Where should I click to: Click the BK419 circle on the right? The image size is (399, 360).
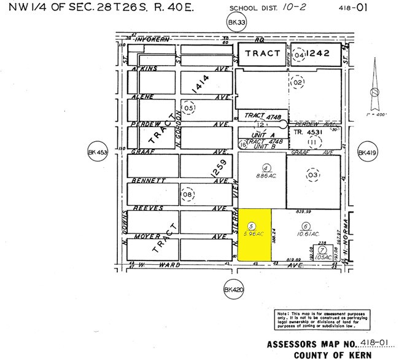(366, 152)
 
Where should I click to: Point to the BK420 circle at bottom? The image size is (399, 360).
(234, 289)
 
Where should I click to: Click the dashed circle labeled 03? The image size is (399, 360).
(314, 174)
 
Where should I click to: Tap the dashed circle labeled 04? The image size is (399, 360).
(300, 54)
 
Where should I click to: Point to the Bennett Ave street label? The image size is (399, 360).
(149, 181)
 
